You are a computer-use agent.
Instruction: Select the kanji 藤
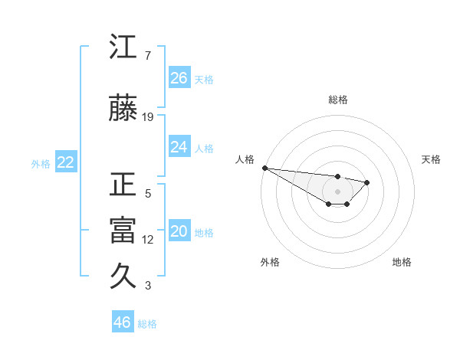[123, 110]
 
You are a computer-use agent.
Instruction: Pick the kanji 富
[123, 231]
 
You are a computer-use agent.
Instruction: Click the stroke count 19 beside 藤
[148, 117]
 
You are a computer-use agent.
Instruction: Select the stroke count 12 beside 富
[148, 240]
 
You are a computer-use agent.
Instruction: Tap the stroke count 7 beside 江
[147, 56]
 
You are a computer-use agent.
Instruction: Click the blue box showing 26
[179, 78]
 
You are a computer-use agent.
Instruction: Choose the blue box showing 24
[179, 147]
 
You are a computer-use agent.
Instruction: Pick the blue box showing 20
[179, 232]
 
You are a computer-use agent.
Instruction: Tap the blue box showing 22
[66, 162]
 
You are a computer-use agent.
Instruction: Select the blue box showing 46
[123, 322]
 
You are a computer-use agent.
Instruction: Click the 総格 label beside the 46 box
[147, 324]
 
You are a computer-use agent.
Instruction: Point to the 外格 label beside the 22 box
[41, 163]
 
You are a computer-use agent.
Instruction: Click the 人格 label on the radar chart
[245, 159]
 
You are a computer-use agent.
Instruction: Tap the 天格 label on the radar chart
[431, 159]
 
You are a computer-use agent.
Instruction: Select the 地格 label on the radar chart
[402, 262]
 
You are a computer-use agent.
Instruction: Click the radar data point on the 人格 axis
[264, 168]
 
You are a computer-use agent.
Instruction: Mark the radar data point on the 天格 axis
[367, 182]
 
